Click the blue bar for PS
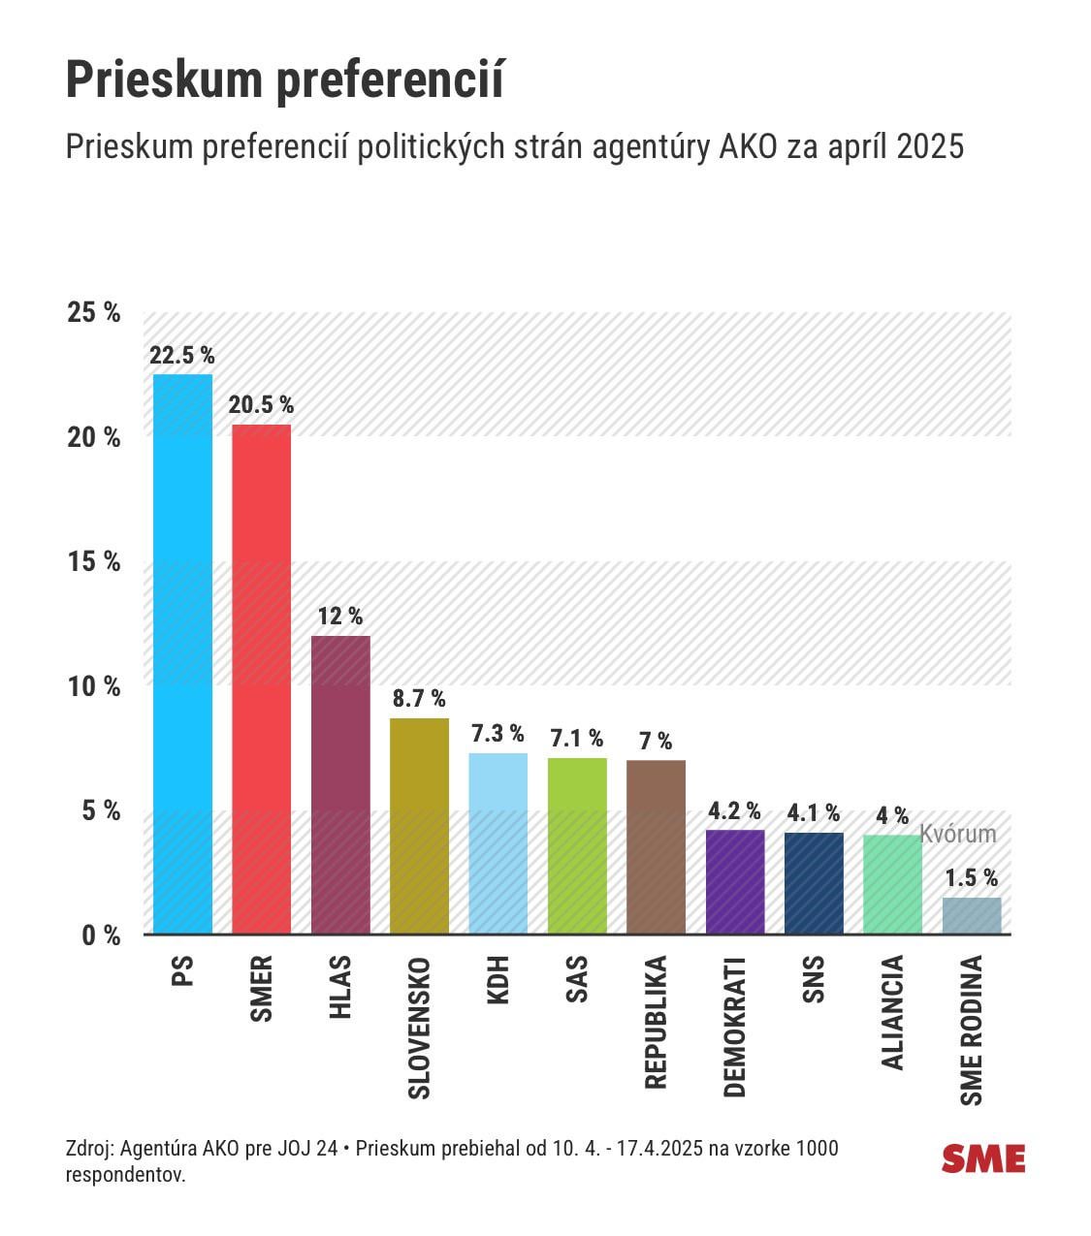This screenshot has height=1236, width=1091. coord(182,653)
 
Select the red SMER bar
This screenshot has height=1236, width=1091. coord(261,679)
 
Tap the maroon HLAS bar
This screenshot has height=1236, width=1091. coord(340,784)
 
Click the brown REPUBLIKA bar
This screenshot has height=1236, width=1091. coord(656,846)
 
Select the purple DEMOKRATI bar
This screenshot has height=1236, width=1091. coord(735,881)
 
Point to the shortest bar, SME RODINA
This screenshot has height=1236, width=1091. coord(972,915)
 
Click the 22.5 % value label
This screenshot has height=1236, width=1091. coord(182,355)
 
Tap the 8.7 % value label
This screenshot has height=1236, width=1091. coord(419,699)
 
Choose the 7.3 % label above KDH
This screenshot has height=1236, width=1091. coord(497,733)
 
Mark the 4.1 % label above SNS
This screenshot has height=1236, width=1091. coord(814,812)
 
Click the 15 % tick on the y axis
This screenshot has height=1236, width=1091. coord(94,562)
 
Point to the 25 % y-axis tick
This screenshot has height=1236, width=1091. coord(94,312)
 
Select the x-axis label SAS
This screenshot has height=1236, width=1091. coord(577,979)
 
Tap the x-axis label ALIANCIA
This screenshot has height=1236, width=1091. coord(892,1013)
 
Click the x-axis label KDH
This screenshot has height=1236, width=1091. coord(498,980)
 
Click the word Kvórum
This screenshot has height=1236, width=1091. coord(958,834)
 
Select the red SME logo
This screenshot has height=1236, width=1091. coord(983,1159)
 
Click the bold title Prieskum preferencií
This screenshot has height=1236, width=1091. coord(285,80)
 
